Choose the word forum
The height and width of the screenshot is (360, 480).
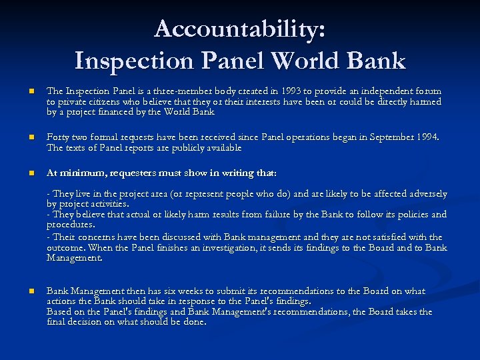click(427, 91)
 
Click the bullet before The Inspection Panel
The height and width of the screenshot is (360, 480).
click(22, 91)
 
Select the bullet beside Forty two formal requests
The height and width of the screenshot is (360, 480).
click(22, 137)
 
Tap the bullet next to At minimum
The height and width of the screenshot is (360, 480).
click(22, 173)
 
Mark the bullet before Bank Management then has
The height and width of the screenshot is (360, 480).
click(22, 291)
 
